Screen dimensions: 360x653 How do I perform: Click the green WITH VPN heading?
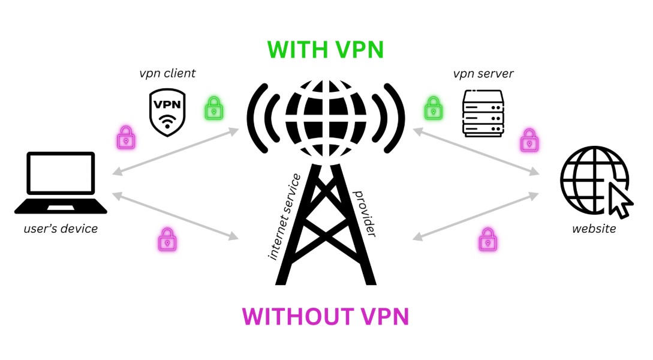coord(325,49)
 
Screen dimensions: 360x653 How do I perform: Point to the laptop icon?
coord(61,182)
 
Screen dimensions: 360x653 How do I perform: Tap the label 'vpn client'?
coord(167,74)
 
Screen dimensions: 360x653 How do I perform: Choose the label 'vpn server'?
coord(483,74)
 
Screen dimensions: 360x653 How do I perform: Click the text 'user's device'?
coord(61,229)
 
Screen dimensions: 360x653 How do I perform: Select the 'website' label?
coord(594,229)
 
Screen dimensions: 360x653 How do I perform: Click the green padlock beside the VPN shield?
coord(213,109)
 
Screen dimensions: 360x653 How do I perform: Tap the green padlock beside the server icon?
coord(432,109)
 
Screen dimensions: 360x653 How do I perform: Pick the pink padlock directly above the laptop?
coord(125,139)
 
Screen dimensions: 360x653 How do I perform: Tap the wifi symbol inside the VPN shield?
coord(167,118)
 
